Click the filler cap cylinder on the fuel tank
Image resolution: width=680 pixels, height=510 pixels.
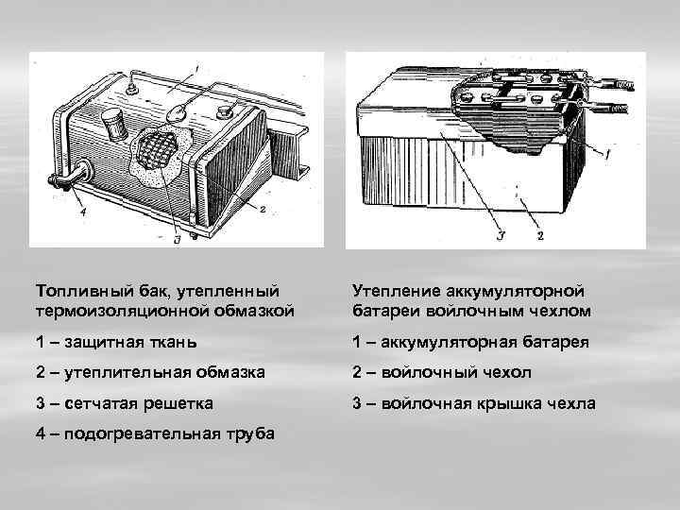pos(115,124)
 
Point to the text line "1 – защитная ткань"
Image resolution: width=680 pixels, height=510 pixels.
pos(112,341)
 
